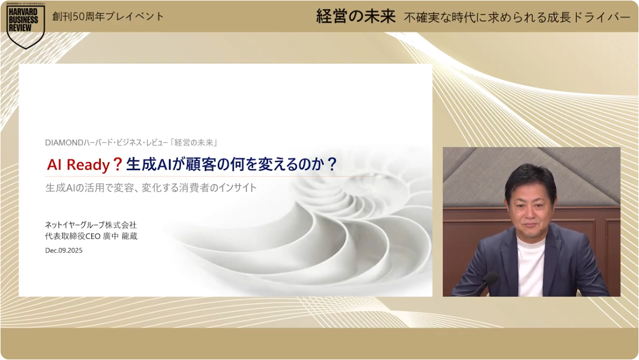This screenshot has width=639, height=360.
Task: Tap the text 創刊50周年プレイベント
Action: [108, 16]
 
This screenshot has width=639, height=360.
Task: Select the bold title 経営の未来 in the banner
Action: [356, 16]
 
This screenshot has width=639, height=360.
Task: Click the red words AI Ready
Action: [78, 165]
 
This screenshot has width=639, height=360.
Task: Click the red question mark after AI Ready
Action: [117, 164]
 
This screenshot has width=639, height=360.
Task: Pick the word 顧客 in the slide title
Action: [200, 164]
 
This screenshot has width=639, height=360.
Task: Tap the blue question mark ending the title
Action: [332, 164]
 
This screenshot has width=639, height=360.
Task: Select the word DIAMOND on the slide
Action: [64, 143]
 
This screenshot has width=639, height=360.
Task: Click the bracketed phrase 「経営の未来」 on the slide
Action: [194, 143]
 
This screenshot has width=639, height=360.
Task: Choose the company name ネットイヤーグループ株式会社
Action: [91, 225]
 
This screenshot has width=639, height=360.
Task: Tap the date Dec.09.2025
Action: [64, 251]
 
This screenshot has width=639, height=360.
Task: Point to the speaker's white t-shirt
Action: [530, 265]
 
